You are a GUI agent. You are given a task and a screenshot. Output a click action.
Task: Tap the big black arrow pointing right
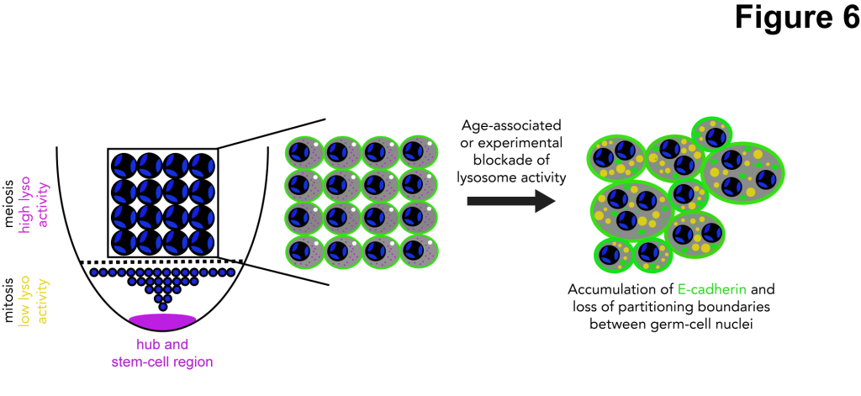tap(510, 200)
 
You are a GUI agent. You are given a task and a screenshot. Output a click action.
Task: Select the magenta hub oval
tap(162, 320)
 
